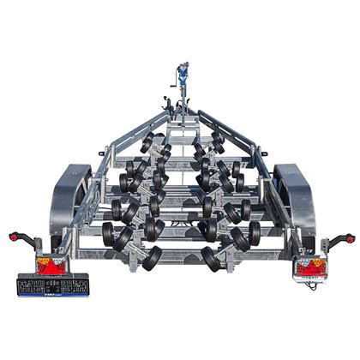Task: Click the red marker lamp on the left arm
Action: (x=14, y=237)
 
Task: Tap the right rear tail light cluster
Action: (x=309, y=268)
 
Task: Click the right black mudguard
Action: (x=294, y=195)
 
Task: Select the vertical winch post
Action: (x=182, y=99)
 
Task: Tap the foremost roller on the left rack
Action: (x=147, y=137)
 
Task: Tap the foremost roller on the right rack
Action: (x=218, y=137)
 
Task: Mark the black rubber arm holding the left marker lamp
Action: (x=27, y=242)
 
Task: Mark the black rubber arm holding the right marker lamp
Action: (x=335, y=243)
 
